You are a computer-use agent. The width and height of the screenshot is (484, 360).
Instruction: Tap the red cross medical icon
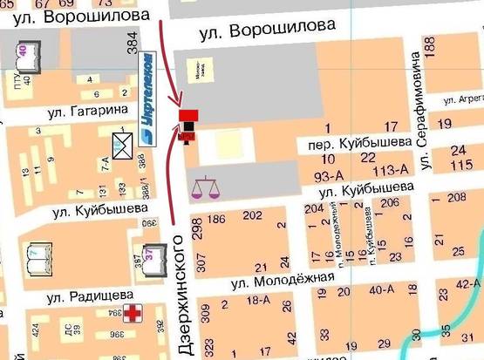(133, 314)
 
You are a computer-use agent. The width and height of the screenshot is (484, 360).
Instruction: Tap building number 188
(428, 44)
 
